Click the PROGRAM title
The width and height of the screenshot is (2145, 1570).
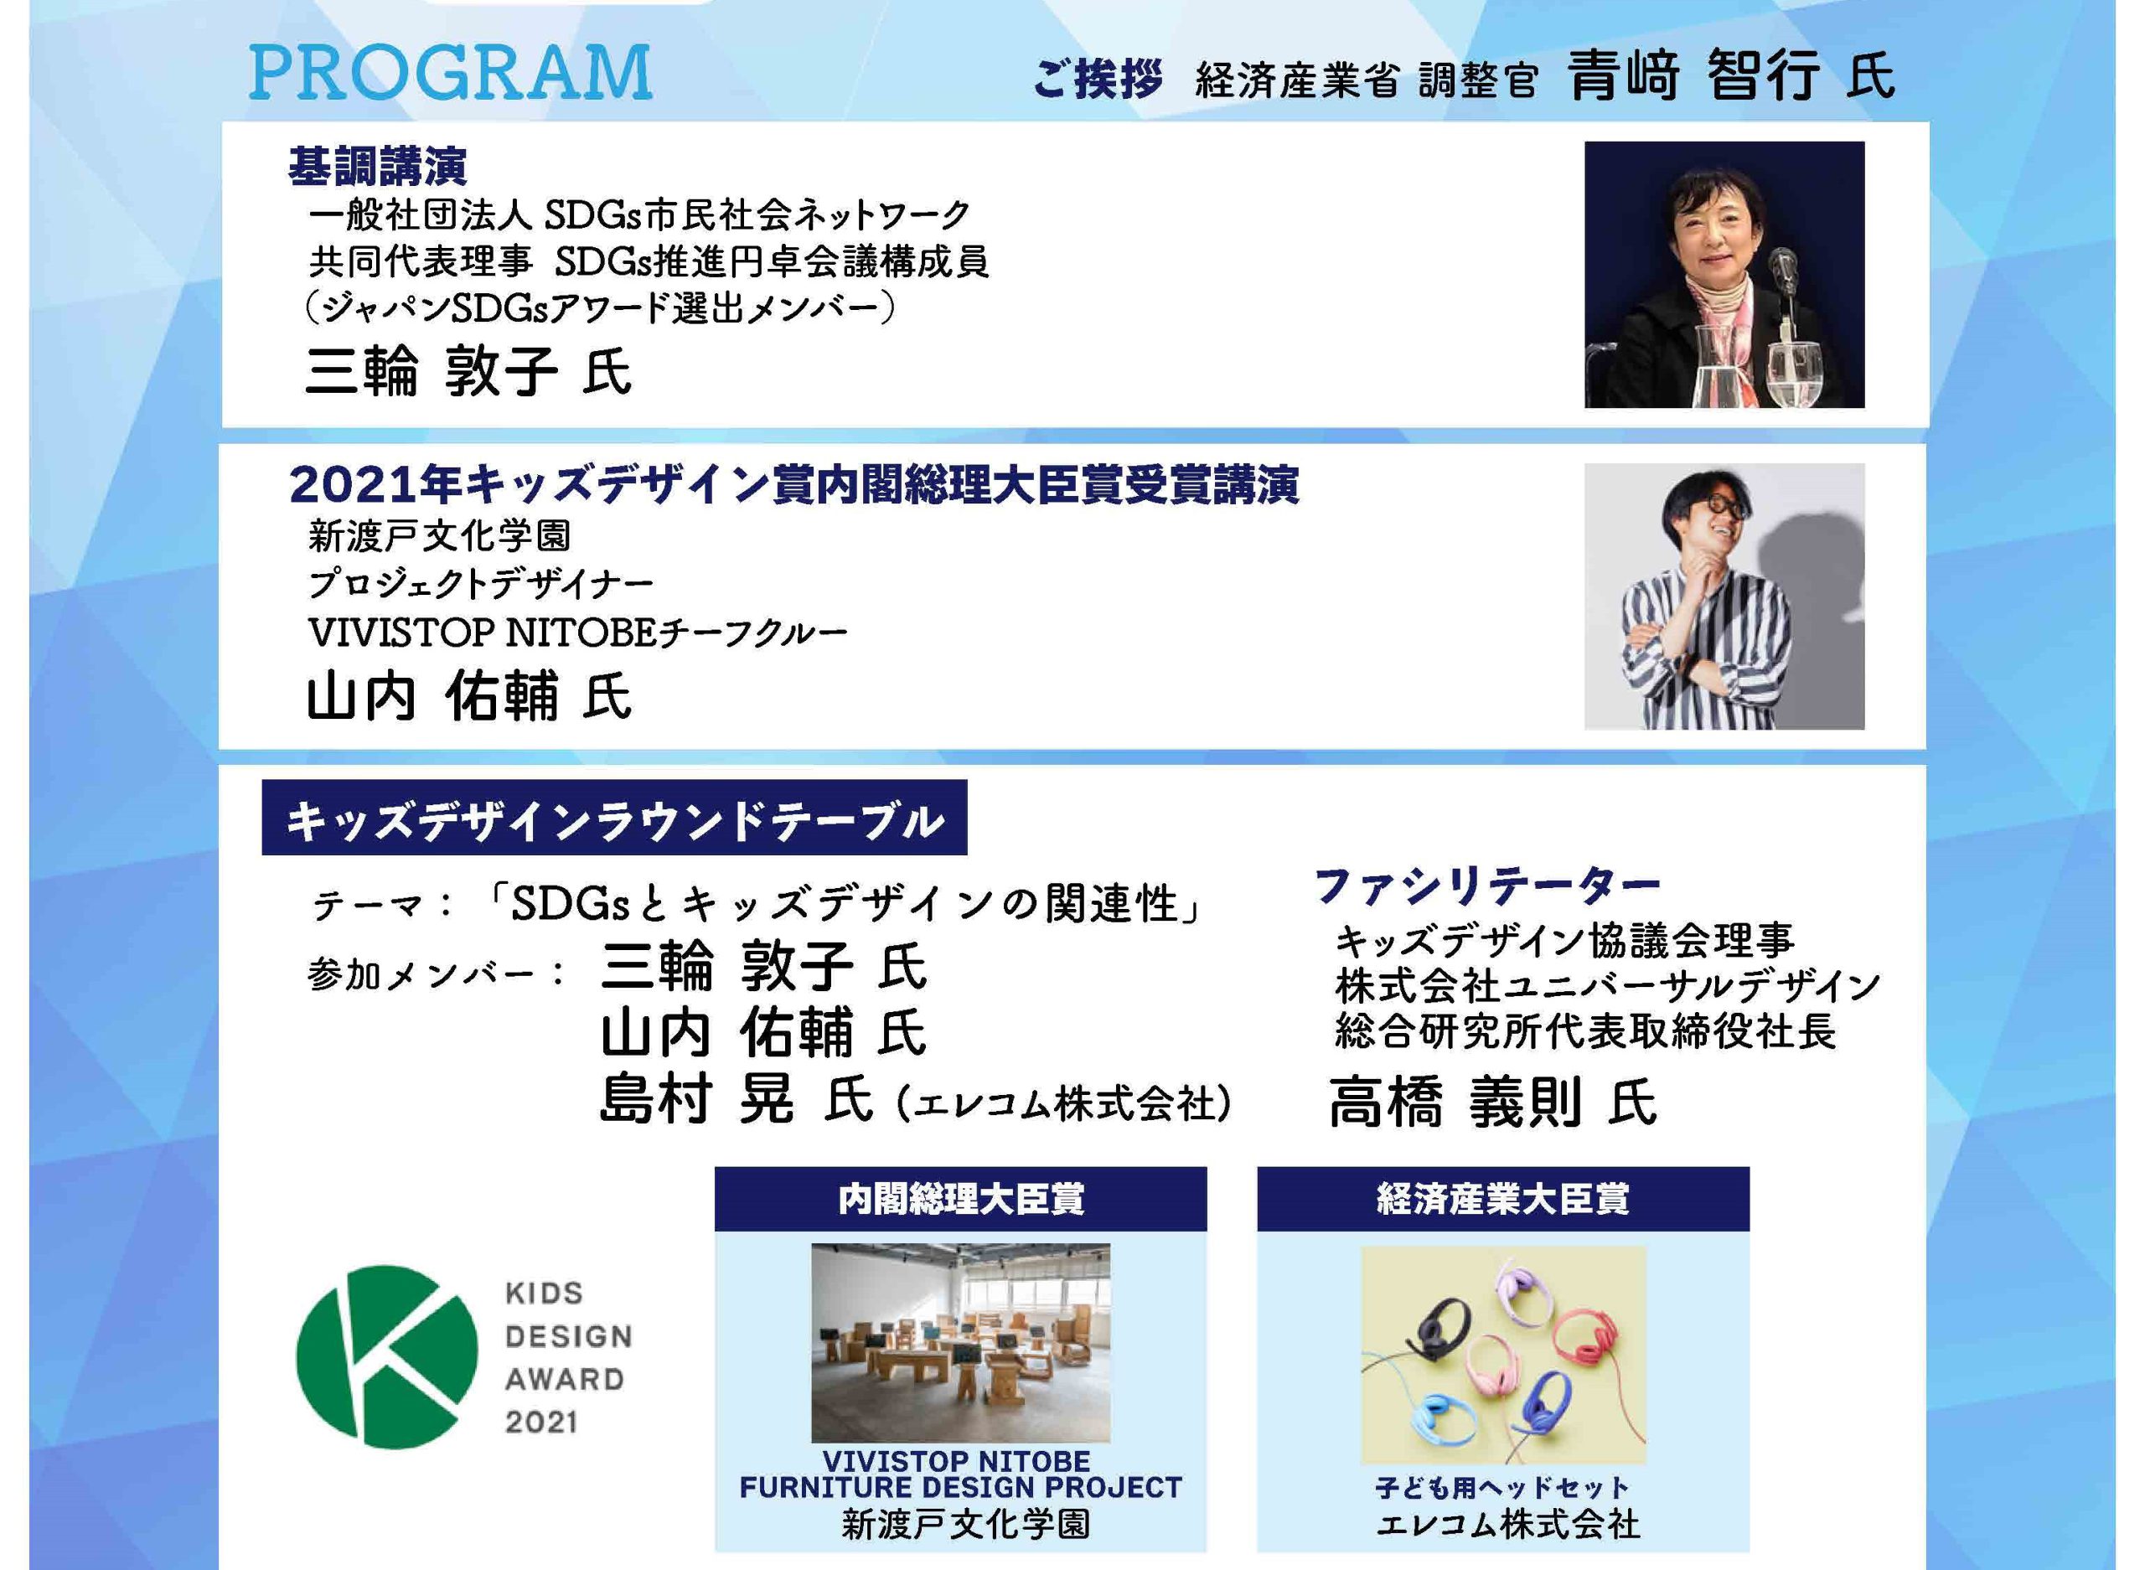click(451, 72)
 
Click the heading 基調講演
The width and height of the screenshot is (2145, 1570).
click(377, 168)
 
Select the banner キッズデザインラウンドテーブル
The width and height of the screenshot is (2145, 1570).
click(614, 819)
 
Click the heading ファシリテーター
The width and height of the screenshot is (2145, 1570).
click(1487, 886)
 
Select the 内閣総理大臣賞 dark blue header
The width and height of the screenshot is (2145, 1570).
click(960, 1200)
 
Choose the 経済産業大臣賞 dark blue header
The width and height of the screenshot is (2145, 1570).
click(1502, 1200)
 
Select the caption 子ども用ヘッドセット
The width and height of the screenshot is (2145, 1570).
click(1501, 1487)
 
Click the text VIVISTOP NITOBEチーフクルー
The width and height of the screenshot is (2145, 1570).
click(576, 632)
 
